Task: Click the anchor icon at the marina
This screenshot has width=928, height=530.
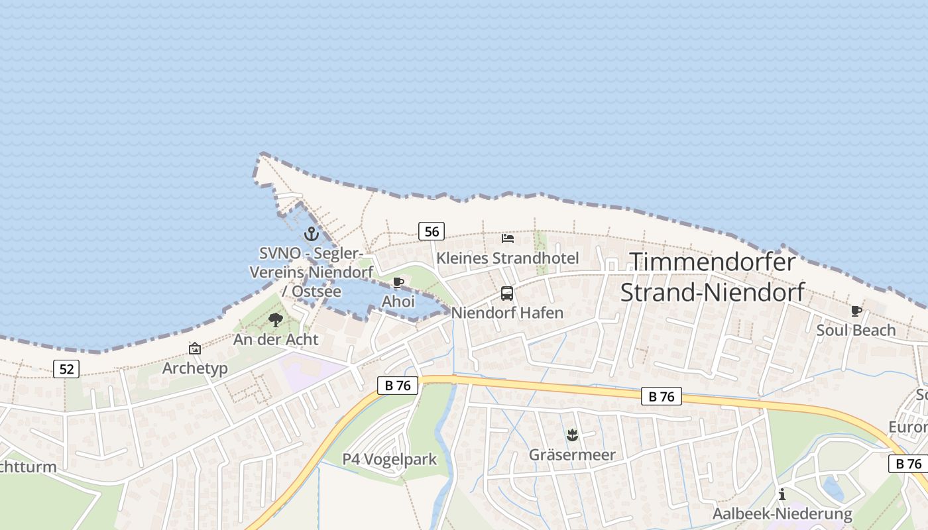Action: [311, 234]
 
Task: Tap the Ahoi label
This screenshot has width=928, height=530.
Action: [398, 301]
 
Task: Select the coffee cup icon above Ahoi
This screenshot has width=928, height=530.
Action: [398, 283]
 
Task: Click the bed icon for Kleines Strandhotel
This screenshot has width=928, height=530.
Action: [508, 238]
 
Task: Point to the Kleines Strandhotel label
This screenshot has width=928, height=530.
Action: [507, 258]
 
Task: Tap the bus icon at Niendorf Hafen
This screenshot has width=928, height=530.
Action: [507, 293]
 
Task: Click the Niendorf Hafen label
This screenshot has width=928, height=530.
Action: [507, 313]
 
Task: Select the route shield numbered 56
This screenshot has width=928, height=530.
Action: [432, 231]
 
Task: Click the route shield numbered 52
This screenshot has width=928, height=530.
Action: [66, 369]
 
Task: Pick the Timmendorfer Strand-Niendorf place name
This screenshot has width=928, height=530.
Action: [712, 277]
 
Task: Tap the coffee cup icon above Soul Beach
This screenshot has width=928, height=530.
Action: [856, 311]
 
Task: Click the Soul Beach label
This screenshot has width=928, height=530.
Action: [856, 330]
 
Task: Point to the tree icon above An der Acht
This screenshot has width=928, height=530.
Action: [276, 321]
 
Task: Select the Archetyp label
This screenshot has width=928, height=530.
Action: [195, 368]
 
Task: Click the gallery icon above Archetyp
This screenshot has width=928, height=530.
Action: [195, 348]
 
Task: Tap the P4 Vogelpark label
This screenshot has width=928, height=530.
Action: [390, 459]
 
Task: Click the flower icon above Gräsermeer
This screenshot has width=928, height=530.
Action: [572, 435]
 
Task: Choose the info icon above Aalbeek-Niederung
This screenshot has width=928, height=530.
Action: [782, 494]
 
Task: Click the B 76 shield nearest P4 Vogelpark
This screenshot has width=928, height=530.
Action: [398, 386]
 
